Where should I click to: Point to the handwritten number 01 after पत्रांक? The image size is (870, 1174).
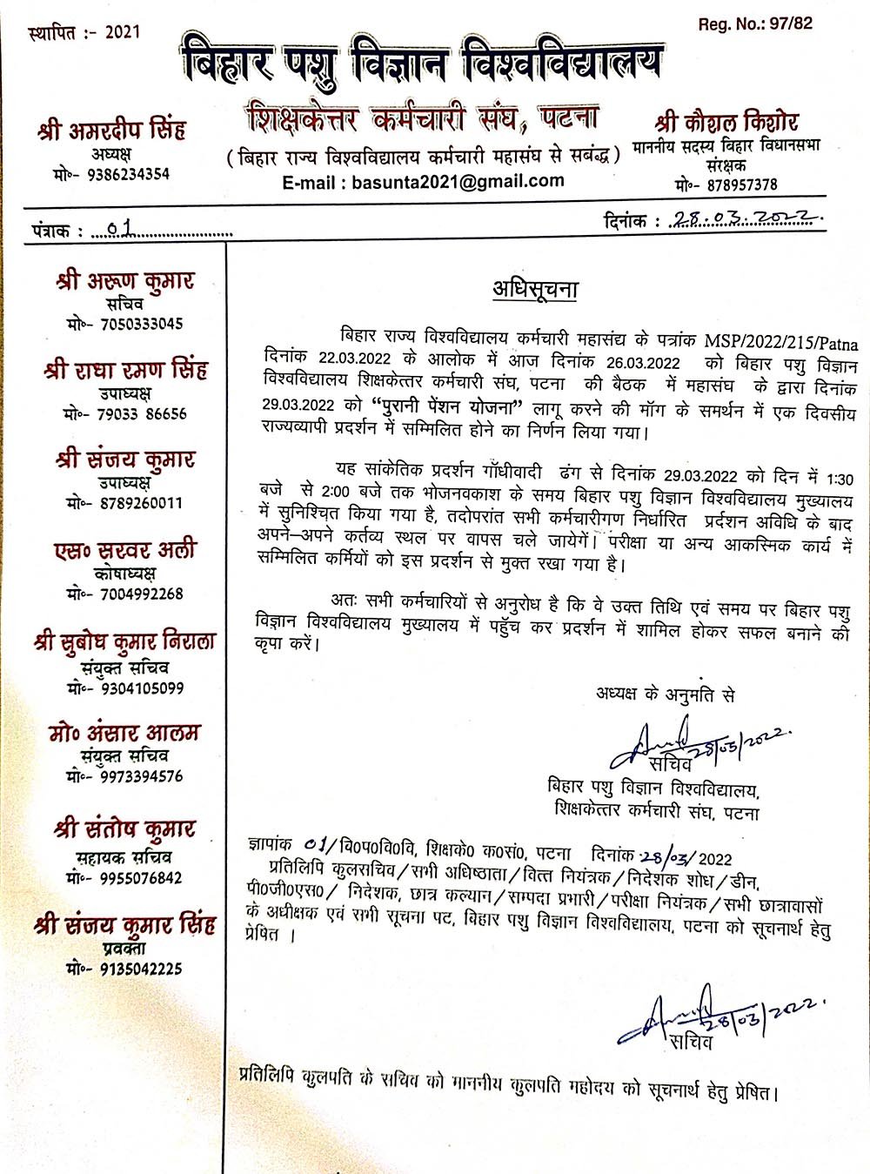pyautogui.click(x=123, y=230)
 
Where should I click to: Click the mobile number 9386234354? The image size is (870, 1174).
pyautogui.click(x=128, y=174)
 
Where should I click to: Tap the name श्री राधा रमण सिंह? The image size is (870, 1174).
pyautogui.click(x=126, y=371)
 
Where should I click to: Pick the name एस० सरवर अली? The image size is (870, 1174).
pyautogui.click(x=125, y=551)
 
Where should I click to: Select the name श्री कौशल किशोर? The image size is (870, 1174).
pyautogui.click(x=726, y=122)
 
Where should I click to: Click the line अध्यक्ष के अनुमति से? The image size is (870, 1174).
pyautogui.click(x=666, y=694)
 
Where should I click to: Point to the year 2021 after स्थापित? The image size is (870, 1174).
pyautogui.click(x=122, y=34)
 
